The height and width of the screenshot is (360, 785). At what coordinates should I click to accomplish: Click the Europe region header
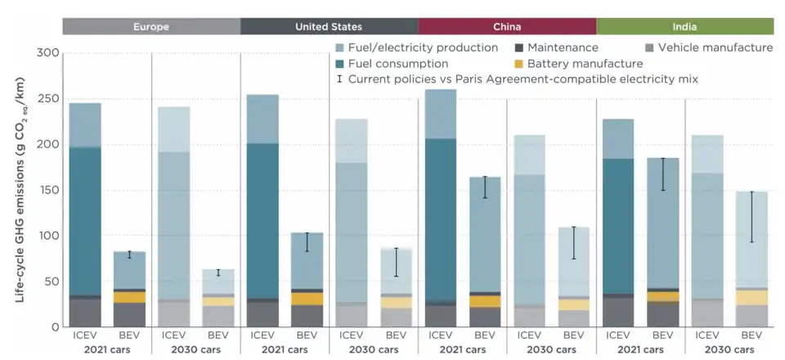click(x=151, y=26)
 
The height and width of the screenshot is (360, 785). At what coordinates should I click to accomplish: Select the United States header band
click(x=329, y=26)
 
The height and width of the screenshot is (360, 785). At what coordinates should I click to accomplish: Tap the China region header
click(x=506, y=26)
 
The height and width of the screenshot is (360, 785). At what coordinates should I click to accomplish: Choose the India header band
click(x=684, y=26)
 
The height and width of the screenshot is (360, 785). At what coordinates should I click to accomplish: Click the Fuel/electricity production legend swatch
click(x=341, y=48)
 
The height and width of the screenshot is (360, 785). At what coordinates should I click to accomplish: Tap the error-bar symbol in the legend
click(x=340, y=79)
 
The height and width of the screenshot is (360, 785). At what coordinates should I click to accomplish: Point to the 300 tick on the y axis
click(x=49, y=53)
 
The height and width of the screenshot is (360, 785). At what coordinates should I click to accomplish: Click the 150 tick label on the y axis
click(x=49, y=190)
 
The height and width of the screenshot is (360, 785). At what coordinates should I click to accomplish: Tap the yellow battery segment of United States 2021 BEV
click(x=307, y=299)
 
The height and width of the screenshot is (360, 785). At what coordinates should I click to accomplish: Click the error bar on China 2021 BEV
click(x=484, y=187)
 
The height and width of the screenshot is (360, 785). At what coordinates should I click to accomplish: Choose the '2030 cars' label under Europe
click(x=195, y=349)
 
